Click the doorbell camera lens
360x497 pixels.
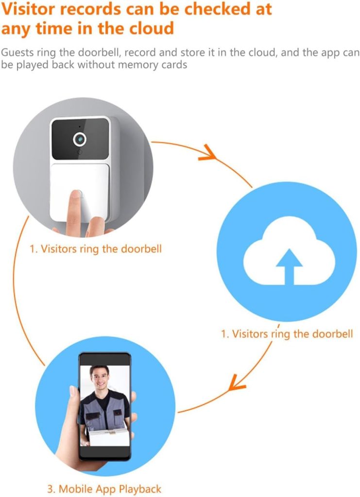[80, 139]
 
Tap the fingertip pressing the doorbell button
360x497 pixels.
[75, 197]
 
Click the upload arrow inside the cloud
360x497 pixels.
[289, 266]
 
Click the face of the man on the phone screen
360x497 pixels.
[100, 379]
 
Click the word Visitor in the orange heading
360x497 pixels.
[29, 9]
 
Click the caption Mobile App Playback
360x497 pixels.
[104, 489]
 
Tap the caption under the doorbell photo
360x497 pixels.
[96, 248]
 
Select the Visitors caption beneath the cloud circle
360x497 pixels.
[287, 334]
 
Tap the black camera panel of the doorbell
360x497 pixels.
[80, 139]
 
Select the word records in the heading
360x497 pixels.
[90, 9]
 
